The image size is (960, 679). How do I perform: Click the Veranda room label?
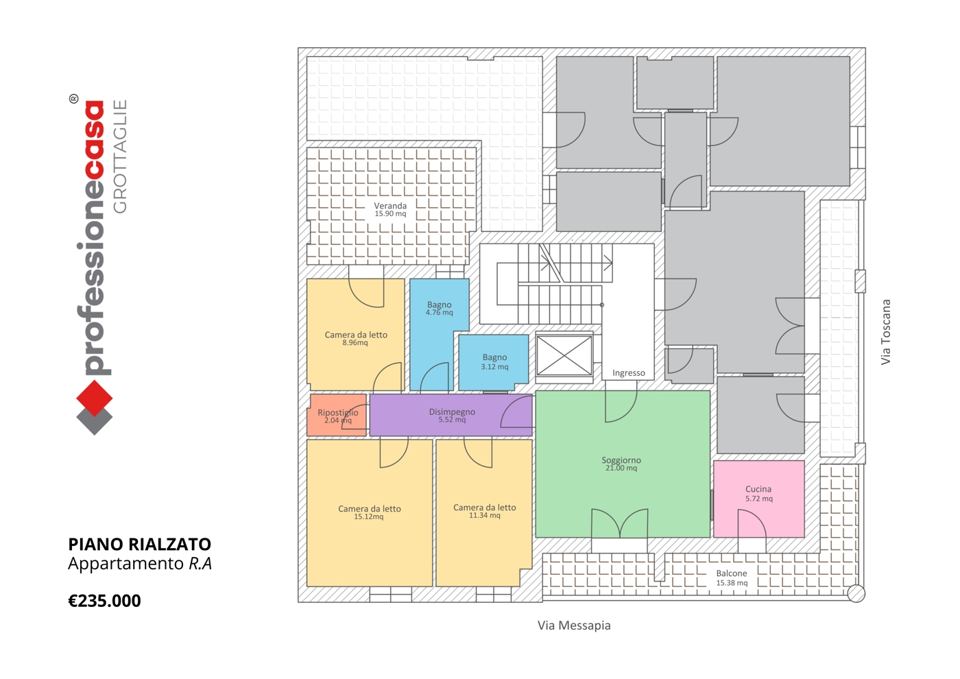point(390,206)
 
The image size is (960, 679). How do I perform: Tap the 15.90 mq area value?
point(390,213)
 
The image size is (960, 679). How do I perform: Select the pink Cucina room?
point(758,499)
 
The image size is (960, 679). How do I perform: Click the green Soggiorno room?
point(623,464)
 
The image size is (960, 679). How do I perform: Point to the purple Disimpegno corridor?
point(451,415)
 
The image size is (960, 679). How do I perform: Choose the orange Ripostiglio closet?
point(337,415)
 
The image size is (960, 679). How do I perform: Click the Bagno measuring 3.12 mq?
point(493,363)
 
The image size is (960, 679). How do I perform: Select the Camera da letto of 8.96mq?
point(355,335)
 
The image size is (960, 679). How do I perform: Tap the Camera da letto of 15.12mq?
point(370,513)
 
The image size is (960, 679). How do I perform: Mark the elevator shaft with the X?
point(564,356)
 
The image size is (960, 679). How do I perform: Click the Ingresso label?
point(628,373)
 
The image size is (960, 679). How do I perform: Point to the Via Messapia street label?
point(574,626)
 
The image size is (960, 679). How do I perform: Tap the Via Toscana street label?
point(885,332)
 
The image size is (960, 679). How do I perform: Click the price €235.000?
point(104,601)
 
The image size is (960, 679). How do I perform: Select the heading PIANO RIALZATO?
point(140,545)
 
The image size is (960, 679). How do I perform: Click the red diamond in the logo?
point(95,398)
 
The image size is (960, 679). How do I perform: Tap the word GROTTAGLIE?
point(119,156)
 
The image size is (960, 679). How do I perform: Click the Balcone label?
point(732,573)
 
